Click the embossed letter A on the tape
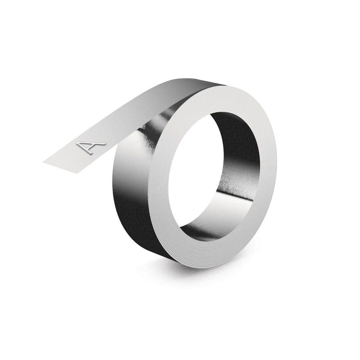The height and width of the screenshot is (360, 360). click(x=90, y=148)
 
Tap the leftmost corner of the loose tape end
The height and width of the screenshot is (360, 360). click(x=44, y=162)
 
